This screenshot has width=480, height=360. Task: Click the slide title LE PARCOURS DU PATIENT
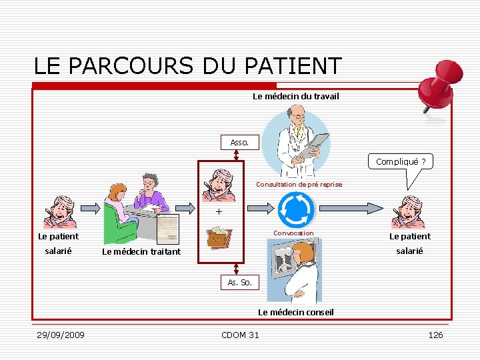pyautogui.click(x=187, y=65)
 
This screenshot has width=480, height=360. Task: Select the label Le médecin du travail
pyautogui.click(x=295, y=97)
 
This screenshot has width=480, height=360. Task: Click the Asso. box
pyautogui.click(x=239, y=142)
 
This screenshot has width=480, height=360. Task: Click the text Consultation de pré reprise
pyautogui.click(x=299, y=184)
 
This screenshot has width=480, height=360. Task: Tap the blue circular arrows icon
pyautogui.click(x=295, y=209)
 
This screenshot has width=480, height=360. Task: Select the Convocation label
pyautogui.click(x=294, y=233)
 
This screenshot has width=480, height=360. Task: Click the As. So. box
pyautogui.click(x=239, y=282)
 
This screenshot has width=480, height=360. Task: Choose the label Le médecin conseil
pyautogui.click(x=295, y=312)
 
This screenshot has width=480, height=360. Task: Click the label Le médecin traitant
pyautogui.click(x=141, y=251)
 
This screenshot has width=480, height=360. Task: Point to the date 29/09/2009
pyautogui.click(x=60, y=335)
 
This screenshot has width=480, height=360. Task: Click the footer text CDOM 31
pyautogui.click(x=240, y=335)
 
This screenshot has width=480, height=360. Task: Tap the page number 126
pyautogui.click(x=435, y=335)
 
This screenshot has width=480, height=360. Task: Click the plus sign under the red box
pyautogui.click(x=218, y=212)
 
